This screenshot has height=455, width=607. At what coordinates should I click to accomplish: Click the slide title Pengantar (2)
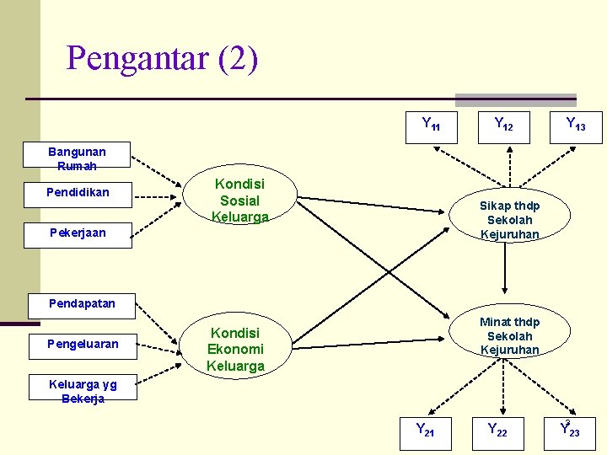(x=162, y=59)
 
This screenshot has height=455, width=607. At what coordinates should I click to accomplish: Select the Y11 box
(x=431, y=126)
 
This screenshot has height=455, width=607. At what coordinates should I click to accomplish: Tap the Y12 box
(x=503, y=126)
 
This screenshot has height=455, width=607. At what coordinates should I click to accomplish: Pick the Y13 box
(x=576, y=126)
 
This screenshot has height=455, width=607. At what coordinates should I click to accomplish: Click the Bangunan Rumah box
(x=78, y=158)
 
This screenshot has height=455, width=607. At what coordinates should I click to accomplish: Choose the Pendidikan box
(x=78, y=193)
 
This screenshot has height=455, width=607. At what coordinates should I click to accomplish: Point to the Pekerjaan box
(x=78, y=233)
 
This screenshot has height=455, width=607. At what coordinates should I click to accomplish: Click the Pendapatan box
(x=82, y=303)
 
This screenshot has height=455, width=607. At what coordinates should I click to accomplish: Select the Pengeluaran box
(x=83, y=344)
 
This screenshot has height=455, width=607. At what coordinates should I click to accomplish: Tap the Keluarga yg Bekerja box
(x=83, y=391)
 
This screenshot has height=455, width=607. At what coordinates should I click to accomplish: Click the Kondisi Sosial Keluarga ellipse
(x=239, y=201)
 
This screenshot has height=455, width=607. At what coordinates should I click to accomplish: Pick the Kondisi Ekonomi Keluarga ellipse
(x=236, y=349)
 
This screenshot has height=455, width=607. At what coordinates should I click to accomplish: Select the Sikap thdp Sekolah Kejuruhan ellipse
(x=509, y=219)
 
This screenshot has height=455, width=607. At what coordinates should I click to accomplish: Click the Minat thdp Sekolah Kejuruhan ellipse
(x=509, y=335)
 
